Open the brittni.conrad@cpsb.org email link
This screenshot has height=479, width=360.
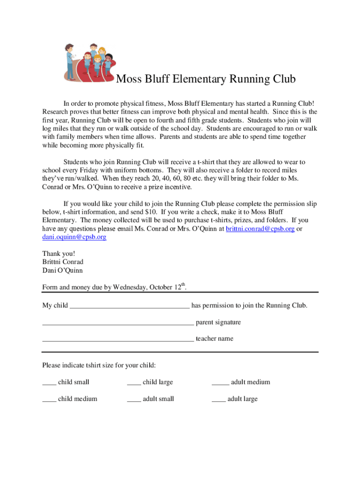tap(260, 229)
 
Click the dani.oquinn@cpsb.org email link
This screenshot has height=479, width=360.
tap(74, 237)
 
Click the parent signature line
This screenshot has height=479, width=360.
tap(118, 323)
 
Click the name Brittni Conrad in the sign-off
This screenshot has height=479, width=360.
tap(63, 262)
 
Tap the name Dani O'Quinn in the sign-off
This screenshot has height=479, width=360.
tap(62, 270)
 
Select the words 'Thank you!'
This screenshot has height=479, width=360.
tap(58, 254)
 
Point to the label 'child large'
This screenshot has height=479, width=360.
tap(158, 382)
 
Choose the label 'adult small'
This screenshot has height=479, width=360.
tap(158, 399)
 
